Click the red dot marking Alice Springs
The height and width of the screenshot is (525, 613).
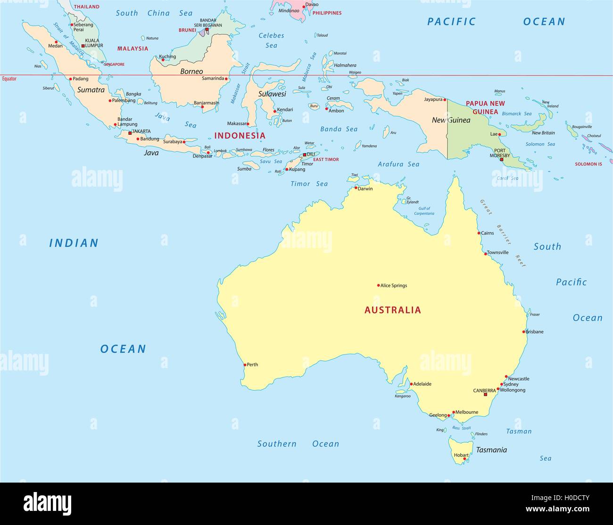tap(378, 285)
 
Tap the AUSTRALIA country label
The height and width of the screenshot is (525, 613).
tap(393, 310)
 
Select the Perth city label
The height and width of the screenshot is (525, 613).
tap(252, 365)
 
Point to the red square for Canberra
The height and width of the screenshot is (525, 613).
tap(485, 394)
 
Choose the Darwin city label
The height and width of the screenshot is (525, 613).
tap(365, 189)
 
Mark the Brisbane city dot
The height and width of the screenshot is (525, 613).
tap(523, 332)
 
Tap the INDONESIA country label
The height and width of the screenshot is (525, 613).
tap(240, 136)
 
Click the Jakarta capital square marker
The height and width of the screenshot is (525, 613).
tap(130, 133)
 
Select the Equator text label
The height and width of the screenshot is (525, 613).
tap(9, 79)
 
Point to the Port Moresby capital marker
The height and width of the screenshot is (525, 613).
tap(502, 160)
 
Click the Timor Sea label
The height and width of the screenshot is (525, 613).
tap(309, 184)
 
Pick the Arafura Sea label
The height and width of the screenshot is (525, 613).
tap(398, 164)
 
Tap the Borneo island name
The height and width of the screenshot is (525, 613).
tap(191, 72)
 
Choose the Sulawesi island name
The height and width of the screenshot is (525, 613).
tap(272, 94)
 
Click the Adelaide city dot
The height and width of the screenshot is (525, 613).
tap(411, 384)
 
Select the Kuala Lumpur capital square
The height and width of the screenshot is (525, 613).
tap(83, 46)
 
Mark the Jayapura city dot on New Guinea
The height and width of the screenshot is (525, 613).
tap(444, 100)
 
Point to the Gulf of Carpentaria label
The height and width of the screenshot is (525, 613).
tap(424, 211)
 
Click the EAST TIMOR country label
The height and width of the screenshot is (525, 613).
tap(326, 160)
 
